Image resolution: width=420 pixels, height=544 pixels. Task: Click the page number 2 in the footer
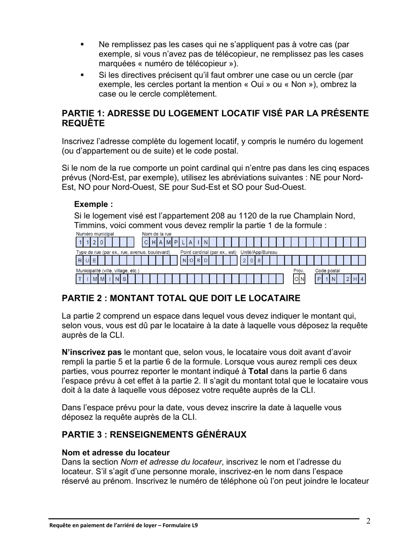pos(368,521)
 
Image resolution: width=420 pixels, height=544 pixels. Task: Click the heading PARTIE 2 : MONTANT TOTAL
pos(181,298)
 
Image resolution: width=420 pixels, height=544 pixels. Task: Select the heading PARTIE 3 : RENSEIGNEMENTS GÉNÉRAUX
pos(154,434)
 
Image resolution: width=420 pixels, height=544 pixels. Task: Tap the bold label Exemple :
pos(93,204)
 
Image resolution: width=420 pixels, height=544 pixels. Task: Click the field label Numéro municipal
pos(95,234)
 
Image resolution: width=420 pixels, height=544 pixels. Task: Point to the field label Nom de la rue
pos(157,234)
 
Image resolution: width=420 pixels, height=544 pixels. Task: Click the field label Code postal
pos(327,271)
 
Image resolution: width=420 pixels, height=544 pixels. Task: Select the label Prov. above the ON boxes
pos(299,271)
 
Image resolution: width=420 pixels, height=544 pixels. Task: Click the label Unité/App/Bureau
pos(259,252)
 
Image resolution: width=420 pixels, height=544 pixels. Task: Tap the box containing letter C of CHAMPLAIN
pos(146,242)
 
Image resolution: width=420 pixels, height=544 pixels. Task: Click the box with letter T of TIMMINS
pos(80,279)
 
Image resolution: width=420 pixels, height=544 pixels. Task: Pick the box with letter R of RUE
pos(80,261)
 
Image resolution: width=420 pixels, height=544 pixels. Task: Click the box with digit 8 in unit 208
pos(259,261)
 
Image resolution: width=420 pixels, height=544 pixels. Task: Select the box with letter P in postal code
pos(319,279)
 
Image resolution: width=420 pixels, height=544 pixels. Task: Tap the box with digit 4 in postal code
pos(362,279)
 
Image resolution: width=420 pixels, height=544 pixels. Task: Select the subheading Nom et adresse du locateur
pos(116,453)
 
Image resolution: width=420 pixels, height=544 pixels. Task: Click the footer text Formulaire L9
pos(179,525)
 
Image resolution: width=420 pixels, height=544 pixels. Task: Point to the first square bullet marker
pos(82,45)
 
